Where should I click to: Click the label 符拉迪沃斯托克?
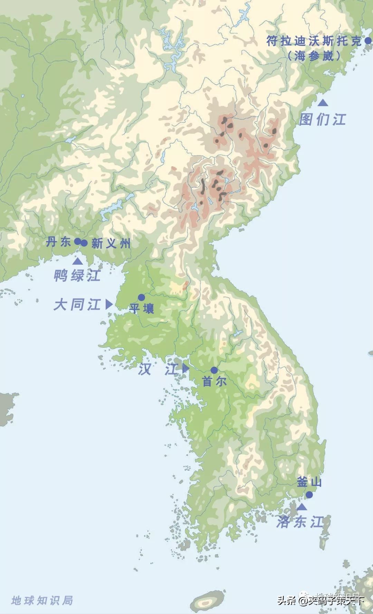click(x=314, y=41)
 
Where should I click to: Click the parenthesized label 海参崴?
click(x=314, y=56)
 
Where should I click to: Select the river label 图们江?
click(x=322, y=120)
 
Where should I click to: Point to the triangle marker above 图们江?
click(x=323, y=103)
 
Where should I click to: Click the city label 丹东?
click(x=59, y=242)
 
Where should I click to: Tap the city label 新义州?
click(x=111, y=244)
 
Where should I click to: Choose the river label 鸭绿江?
click(x=77, y=276)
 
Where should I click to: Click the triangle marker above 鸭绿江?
click(x=78, y=261)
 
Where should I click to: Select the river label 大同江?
click(x=77, y=305)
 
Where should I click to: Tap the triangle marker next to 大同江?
click(x=109, y=304)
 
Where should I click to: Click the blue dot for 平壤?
click(x=141, y=297)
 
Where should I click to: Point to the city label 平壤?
click(x=142, y=308)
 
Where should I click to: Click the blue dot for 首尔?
click(x=214, y=370)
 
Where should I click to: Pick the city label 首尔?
click(x=214, y=382)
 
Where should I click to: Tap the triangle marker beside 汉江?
click(x=185, y=368)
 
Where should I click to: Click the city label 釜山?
click(x=309, y=482)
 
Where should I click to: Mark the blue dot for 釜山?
click(x=309, y=495)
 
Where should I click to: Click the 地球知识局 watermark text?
click(x=42, y=600)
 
